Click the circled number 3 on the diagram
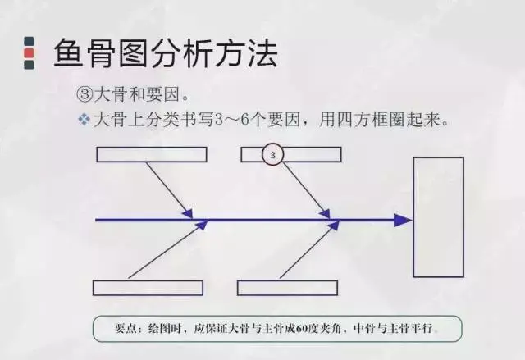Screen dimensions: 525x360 (x=274, y=154)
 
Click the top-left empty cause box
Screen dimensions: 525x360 (x=152, y=154)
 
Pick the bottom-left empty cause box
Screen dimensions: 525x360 (x=148, y=288)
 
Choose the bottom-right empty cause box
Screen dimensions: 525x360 (x=287, y=288)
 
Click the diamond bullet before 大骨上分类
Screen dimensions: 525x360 (x=83, y=120)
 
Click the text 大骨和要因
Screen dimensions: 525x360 (x=132, y=95)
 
